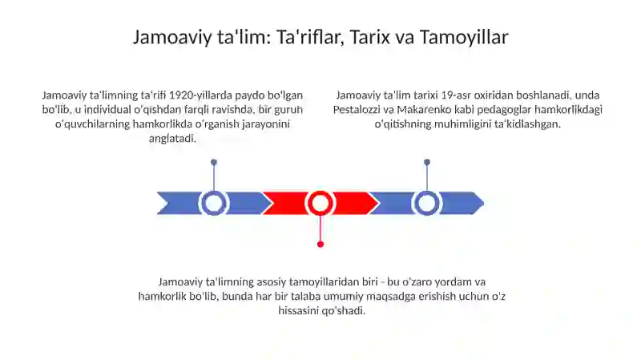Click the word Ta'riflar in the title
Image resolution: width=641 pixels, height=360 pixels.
click(302, 37)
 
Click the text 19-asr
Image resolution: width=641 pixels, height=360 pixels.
click(445, 95)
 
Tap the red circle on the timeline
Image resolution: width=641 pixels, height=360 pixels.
click(320, 203)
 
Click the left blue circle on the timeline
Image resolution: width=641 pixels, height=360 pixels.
click(214, 203)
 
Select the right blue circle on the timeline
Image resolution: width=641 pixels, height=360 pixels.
click(427, 203)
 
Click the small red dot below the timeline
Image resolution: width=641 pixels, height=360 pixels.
click(320, 244)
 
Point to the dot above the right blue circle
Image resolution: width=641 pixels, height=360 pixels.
click(427, 162)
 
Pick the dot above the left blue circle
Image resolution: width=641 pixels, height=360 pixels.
click(214, 162)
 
